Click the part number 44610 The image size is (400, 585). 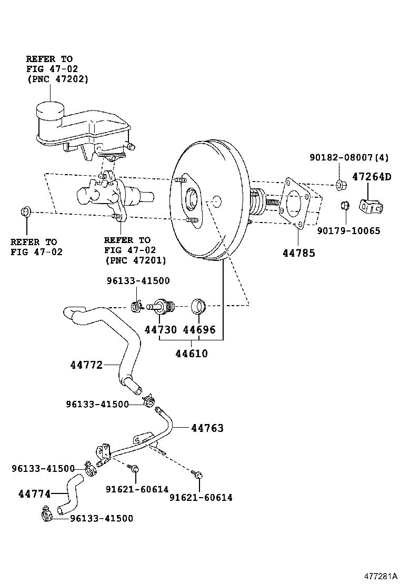coord(192,354)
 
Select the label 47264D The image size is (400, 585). coord(372,177)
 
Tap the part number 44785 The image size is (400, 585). coord(298,253)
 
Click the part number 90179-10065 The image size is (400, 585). coord(348,230)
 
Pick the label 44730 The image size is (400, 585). coord(161,330)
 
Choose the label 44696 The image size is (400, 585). coord(199,330)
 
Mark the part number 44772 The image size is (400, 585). coord(87,364)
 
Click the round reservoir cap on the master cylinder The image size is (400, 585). coord(49,111)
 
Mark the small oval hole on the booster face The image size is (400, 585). coord(216,201)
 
